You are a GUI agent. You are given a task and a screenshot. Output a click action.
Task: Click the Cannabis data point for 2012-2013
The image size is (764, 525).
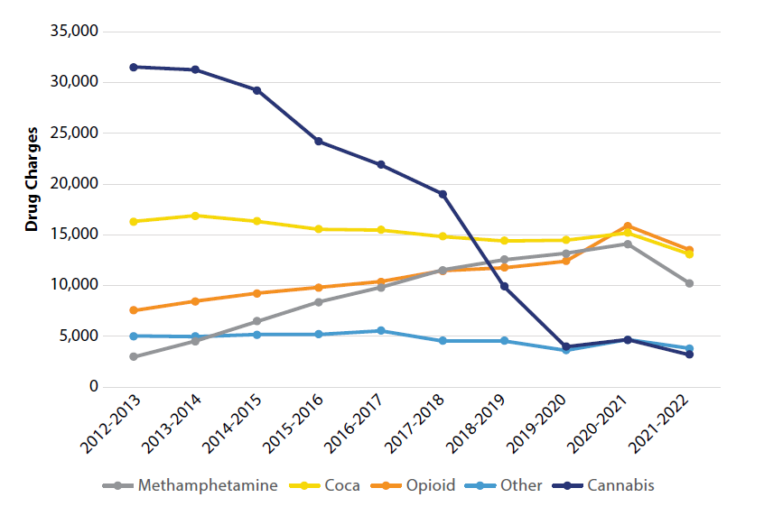click(134, 67)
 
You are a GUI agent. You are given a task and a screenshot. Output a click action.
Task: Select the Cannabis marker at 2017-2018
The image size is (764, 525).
click(443, 194)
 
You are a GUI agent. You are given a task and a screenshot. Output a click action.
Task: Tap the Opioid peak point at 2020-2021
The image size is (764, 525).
click(628, 226)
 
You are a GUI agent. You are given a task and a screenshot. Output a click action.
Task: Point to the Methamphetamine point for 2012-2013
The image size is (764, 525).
click(134, 356)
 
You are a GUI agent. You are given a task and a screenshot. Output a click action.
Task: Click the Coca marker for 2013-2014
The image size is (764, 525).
click(195, 216)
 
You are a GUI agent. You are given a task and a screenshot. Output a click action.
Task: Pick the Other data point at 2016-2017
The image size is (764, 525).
click(380, 331)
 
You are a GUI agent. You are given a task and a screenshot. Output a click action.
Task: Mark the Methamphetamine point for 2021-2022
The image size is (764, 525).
click(689, 283)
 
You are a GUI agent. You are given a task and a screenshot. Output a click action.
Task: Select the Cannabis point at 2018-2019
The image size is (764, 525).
click(504, 287)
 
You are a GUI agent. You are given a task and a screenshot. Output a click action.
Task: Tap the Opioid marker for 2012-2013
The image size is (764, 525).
click(134, 310)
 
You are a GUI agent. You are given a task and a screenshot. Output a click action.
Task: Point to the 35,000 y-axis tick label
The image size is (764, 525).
click(74, 32)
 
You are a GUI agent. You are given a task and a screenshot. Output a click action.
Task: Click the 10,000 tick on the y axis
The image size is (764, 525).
click(74, 285)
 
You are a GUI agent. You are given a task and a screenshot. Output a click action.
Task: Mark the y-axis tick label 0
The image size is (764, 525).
click(92, 387)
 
